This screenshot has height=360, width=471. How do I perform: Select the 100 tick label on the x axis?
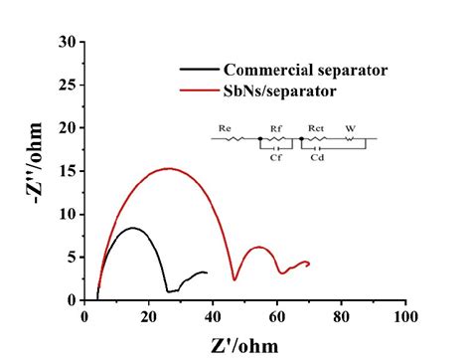(x=405, y=317)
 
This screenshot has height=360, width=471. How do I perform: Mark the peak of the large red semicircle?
(x=169, y=168)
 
